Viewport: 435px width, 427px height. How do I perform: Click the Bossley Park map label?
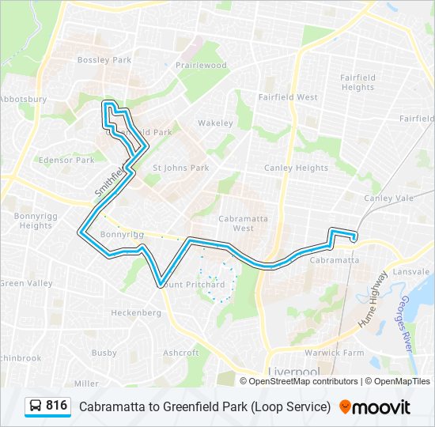tap(104, 59)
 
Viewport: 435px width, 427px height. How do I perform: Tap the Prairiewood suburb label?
tap(201, 66)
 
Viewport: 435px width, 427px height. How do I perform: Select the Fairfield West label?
tap(288, 97)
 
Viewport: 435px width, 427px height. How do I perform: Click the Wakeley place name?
tap(215, 123)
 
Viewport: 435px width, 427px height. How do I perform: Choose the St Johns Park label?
tap(180, 168)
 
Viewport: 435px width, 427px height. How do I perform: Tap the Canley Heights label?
tap(296, 168)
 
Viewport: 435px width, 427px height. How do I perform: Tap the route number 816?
tap(56, 406)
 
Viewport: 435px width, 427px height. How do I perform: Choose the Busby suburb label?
tap(104, 353)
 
